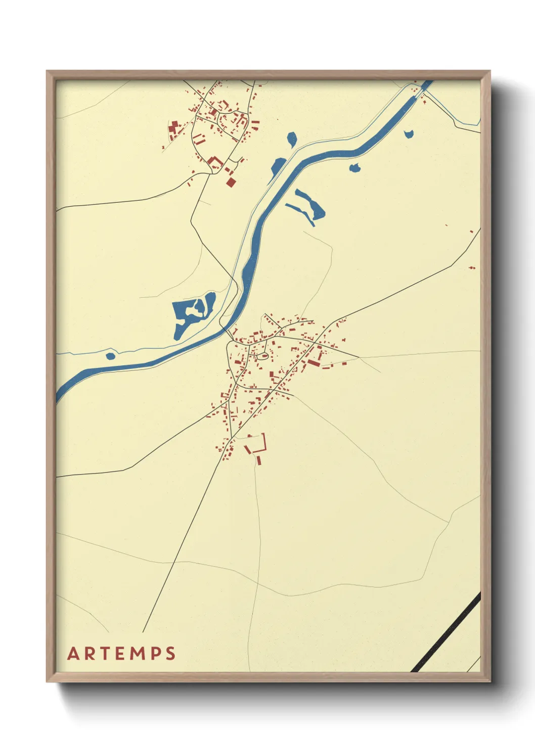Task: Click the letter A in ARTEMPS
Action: tap(74, 653)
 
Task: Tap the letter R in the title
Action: tap(90, 653)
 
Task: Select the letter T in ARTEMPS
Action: tap(106, 653)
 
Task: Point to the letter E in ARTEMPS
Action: tap(121, 653)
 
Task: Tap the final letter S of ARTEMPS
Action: tap(170, 653)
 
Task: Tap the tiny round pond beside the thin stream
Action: tap(110, 356)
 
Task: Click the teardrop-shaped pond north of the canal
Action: tap(291, 139)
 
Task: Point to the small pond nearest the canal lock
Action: tap(409, 134)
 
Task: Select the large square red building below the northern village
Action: tap(231, 181)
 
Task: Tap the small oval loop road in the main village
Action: tap(262, 357)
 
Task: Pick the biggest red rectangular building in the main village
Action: tap(314, 363)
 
